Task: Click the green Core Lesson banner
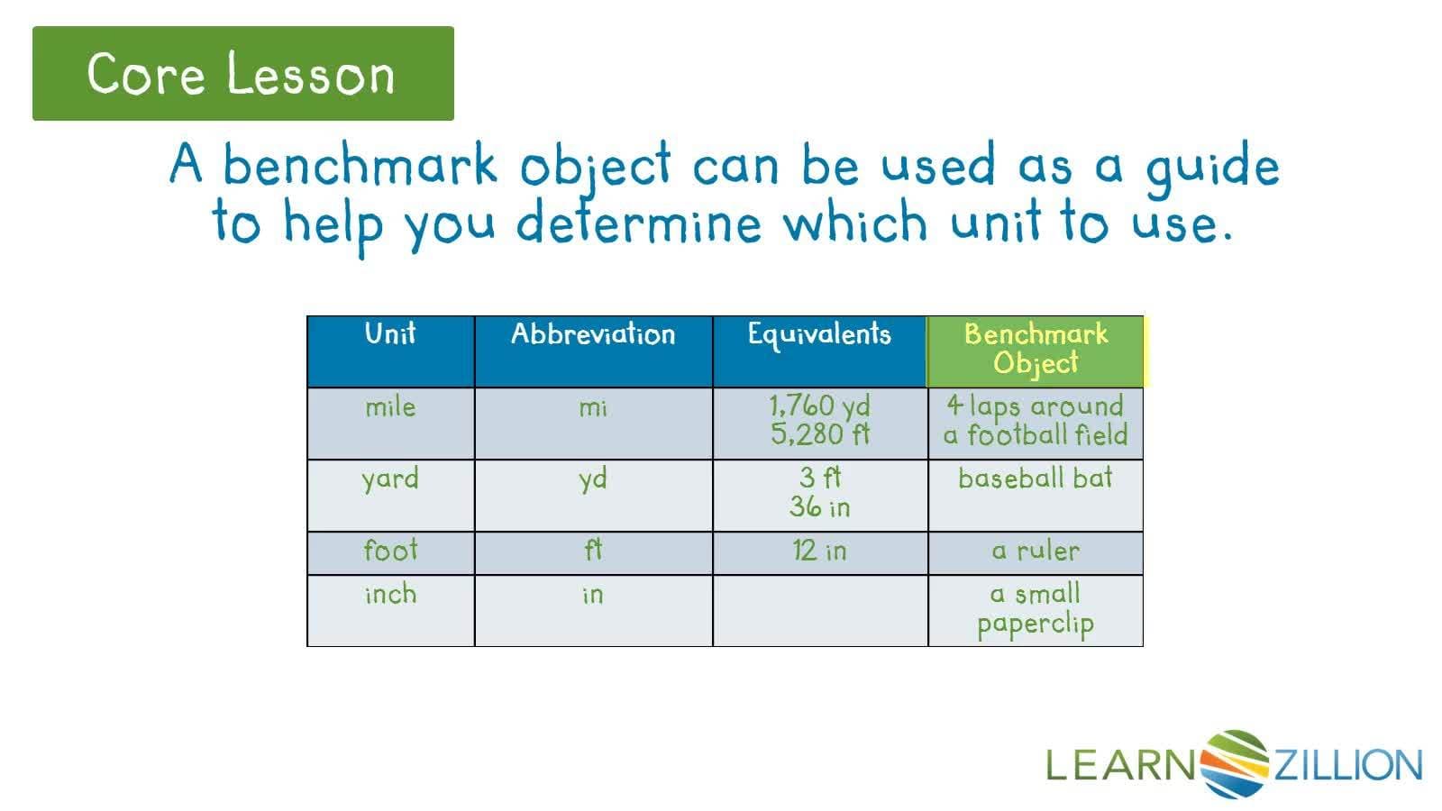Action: click(x=242, y=73)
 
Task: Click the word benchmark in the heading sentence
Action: click(x=360, y=165)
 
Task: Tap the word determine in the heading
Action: click(x=638, y=223)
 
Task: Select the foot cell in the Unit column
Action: click(x=390, y=551)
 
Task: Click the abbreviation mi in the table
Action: click(x=593, y=407)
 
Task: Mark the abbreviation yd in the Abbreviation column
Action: click(x=593, y=478)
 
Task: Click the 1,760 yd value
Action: click(x=819, y=405)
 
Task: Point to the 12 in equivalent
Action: click(x=819, y=551)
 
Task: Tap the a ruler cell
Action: click(x=1036, y=551)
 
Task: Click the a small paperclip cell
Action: click(x=1036, y=609)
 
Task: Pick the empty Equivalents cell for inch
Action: click(x=819, y=610)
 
